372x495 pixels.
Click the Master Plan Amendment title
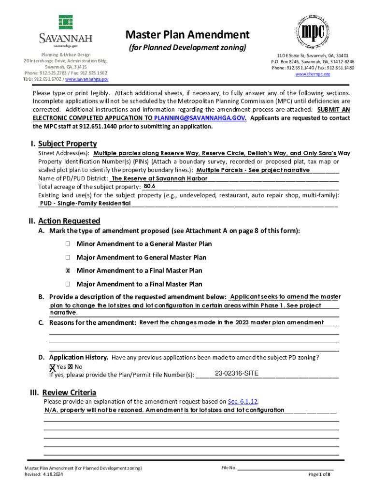click(x=187, y=35)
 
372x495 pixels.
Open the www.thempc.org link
click(x=313, y=74)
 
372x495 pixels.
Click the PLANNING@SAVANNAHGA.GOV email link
click(x=200, y=118)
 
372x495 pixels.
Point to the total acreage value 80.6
click(x=149, y=186)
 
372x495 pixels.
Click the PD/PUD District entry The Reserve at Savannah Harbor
click(x=152, y=178)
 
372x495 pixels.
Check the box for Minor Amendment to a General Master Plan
click(x=69, y=244)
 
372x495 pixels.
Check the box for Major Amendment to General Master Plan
click(x=69, y=257)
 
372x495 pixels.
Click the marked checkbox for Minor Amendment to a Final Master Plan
click(x=69, y=271)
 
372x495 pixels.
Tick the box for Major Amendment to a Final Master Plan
click(x=69, y=284)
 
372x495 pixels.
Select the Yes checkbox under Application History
click(x=52, y=367)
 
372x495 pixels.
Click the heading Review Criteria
click(x=69, y=392)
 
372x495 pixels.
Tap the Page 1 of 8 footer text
click(x=319, y=474)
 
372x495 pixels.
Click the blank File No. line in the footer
click(x=285, y=468)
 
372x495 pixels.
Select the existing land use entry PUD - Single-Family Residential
click(x=85, y=204)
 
